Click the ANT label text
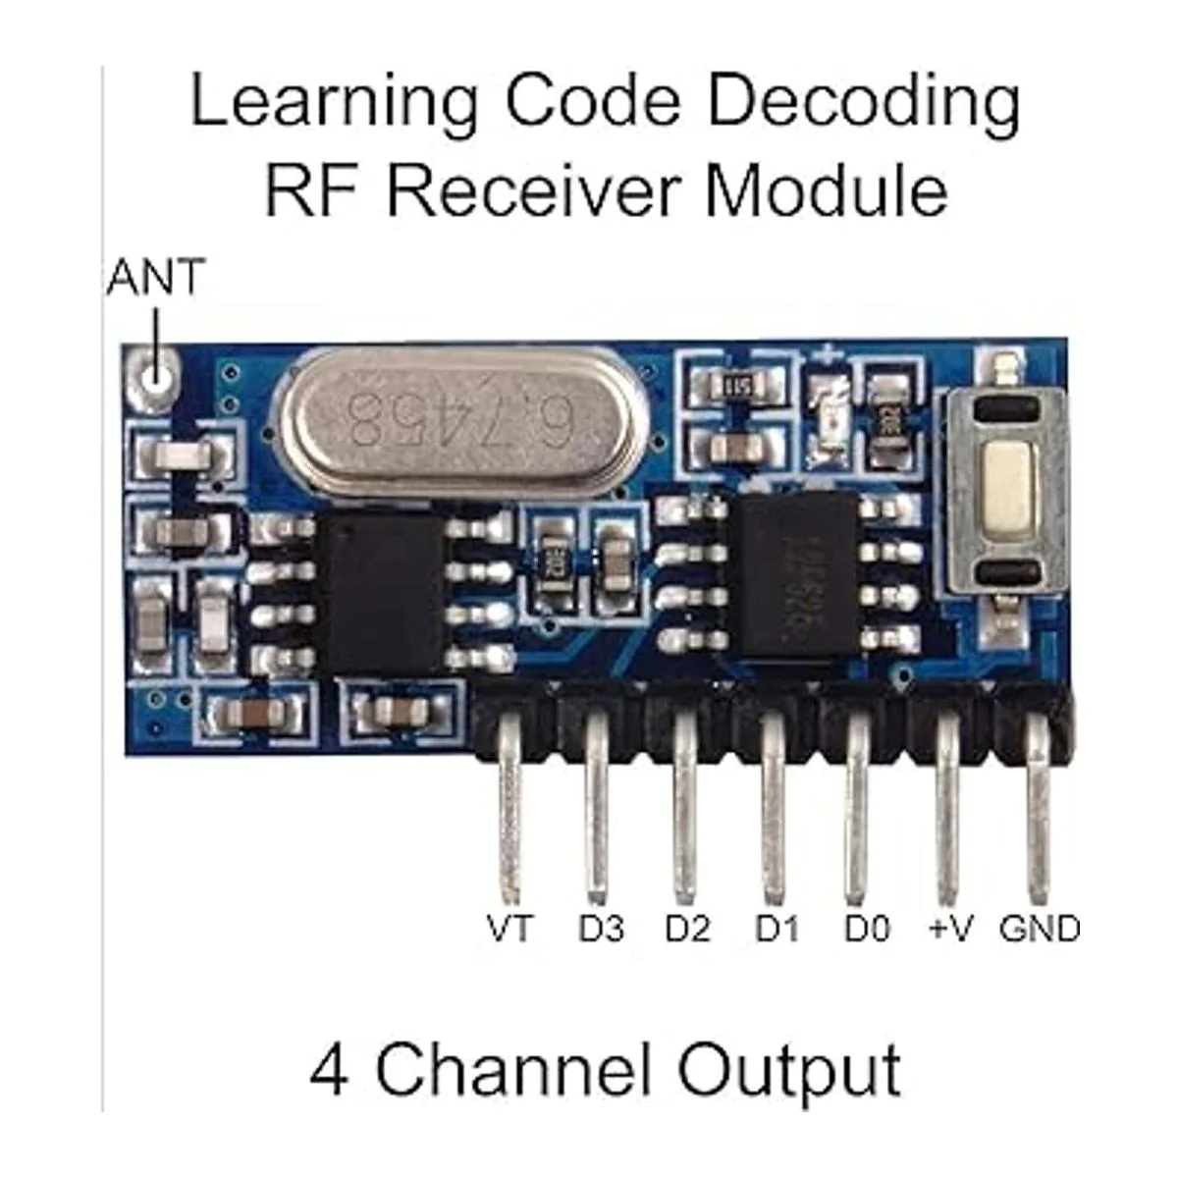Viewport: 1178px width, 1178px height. (x=155, y=278)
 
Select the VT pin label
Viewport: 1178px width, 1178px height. (x=509, y=928)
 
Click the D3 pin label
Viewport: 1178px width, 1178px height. (x=601, y=928)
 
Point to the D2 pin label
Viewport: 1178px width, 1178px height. (x=687, y=928)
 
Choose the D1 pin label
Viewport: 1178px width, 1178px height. (x=776, y=928)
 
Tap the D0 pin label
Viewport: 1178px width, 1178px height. (x=867, y=928)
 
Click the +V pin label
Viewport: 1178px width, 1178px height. (x=949, y=928)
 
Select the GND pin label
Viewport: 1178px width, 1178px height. (x=1039, y=928)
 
